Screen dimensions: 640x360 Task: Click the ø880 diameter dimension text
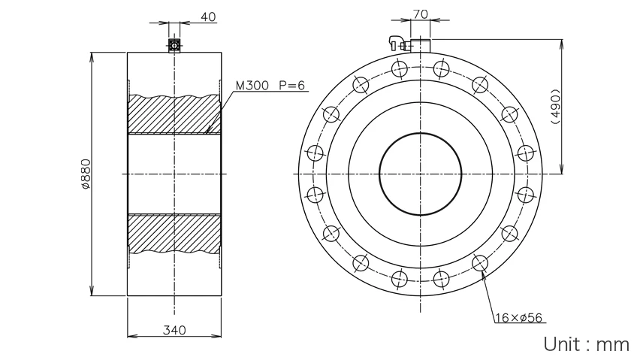pyautogui.click(x=86, y=174)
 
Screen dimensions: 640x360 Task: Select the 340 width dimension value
pyautogui.click(x=174, y=330)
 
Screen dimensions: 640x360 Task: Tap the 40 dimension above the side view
pyautogui.click(x=208, y=17)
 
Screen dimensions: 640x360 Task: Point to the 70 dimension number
pyautogui.click(x=421, y=14)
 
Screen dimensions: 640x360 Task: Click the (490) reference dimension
pyautogui.click(x=556, y=106)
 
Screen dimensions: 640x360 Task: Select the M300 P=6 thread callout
pyautogui.click(x=270, y=86)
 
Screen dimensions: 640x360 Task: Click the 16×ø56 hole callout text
pyautogui.click(x=519, y=318)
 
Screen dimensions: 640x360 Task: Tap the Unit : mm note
pyautogui.click(x=586, y=344)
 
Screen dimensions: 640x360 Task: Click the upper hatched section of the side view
pyautogui.click(x=174, y=114)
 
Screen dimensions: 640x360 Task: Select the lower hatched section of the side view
pyautogui.click(x=174, y=234)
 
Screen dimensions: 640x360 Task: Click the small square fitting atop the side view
pyautogui.click(x=174, y=45)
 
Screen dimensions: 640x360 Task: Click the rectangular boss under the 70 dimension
pyautogui.click(x=421, y=46)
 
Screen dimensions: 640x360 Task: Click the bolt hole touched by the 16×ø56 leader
pyautogui.click(x=480, y=263)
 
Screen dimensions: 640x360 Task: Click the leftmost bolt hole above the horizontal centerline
pyautogui.click(x=315, y=153)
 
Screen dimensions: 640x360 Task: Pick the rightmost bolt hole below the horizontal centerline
pyautogui.click(x=525, y=195)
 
